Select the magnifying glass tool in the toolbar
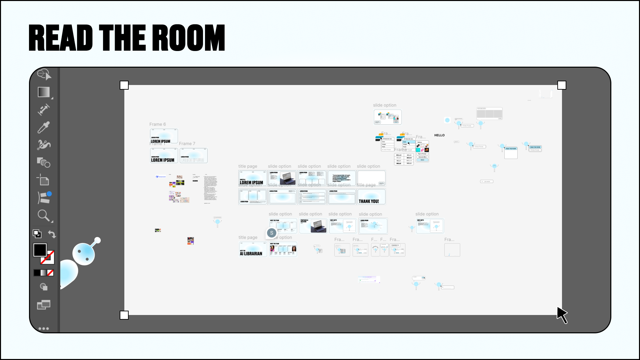click(x=44, y=216)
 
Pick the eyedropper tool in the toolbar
click(x=44, y=127)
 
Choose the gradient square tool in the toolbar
click(x=44, y=92)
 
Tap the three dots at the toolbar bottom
click(x=44, y=329)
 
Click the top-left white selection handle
click(x=124, y=85)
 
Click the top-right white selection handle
click(x=562, y=85)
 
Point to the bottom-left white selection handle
click(x=124, y=315)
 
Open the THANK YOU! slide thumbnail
click(x=371, y=197)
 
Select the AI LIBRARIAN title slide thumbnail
click(x=253, y=249)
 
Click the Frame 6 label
click(x=157, y=124)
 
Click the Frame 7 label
click(x=187, y=144)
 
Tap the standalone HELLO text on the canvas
click(x=439, y=135)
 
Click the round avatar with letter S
click(x=272, y=233)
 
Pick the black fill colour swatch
click(x=40, y=250)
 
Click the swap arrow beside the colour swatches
click(x=52, y=234)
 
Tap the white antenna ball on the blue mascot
click(x=98, y=240)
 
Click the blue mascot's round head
click(x=84, y=254)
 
